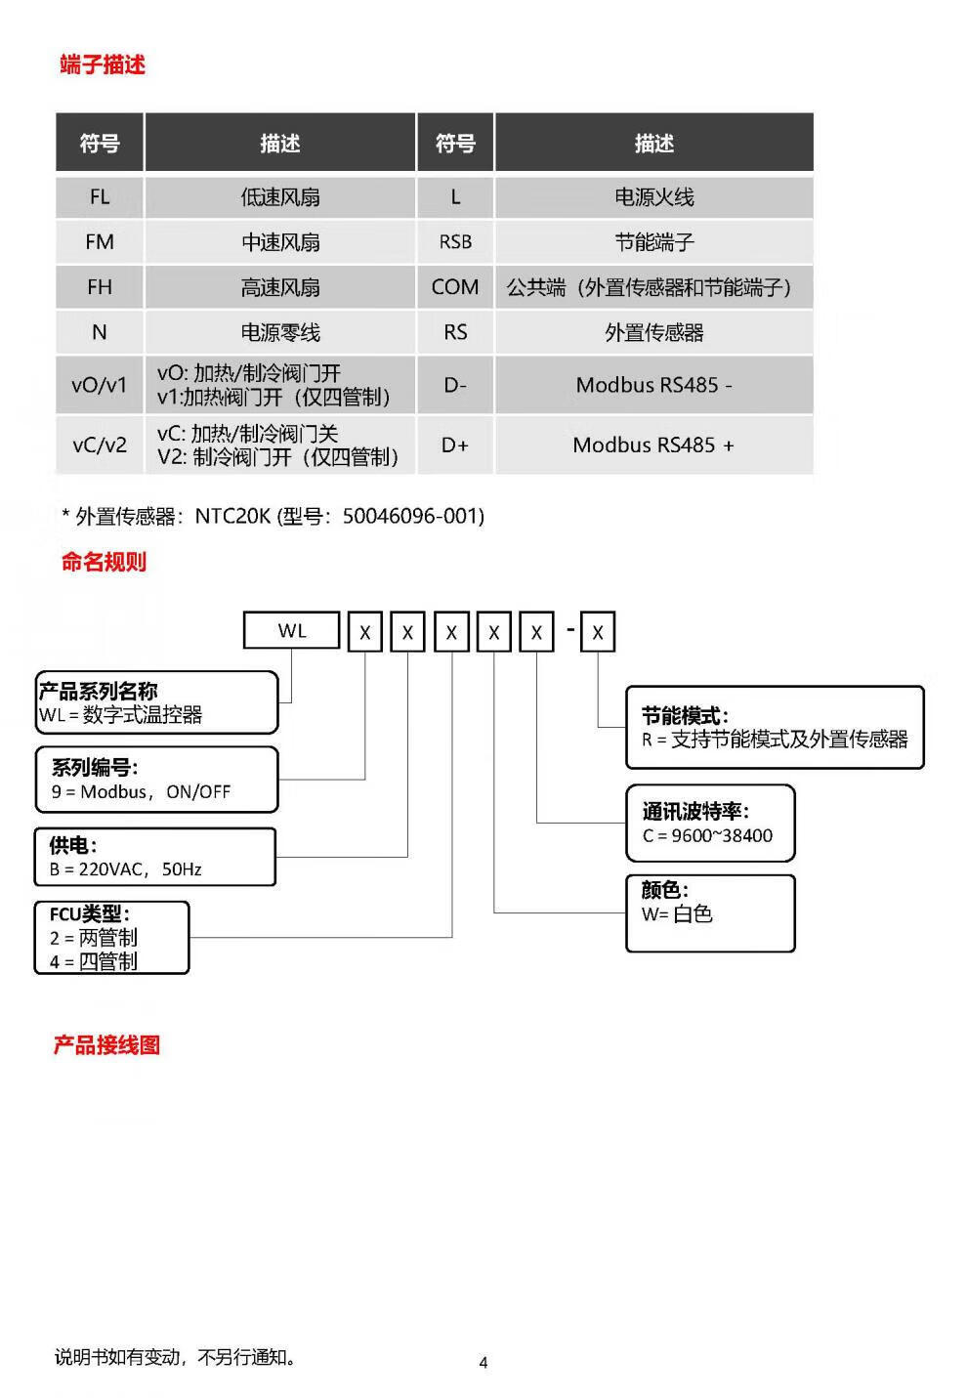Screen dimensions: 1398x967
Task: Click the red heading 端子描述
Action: (103, 65)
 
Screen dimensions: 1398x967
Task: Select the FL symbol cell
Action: (100, 197)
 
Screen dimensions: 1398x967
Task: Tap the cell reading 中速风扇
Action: (280, 242)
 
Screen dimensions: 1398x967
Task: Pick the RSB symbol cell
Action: (455, 242)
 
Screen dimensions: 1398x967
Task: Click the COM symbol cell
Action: (455, 287)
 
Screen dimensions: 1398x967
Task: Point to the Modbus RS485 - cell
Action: (653, 385)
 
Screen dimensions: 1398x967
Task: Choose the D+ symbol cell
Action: (455, 445)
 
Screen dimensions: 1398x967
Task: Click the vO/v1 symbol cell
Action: (100, 385)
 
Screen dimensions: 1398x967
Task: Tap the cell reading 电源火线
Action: (653, 197)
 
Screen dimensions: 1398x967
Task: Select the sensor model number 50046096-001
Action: (413, 516)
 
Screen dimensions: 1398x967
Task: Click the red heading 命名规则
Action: (104, 562)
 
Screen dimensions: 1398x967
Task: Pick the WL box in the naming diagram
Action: (292, 631)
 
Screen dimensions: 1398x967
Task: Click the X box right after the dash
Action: (598, 633)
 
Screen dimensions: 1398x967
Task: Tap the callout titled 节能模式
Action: (774, 727)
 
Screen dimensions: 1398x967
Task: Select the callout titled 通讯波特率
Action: (710, 823)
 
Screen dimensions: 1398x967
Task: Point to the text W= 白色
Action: (677, 914)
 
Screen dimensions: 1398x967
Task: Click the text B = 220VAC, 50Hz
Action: (126, 868)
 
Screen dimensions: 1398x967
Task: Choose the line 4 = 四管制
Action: (94, 961)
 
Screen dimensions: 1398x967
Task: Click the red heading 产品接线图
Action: (106, 1045)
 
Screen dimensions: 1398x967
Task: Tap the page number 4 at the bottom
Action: (483, 1362)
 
